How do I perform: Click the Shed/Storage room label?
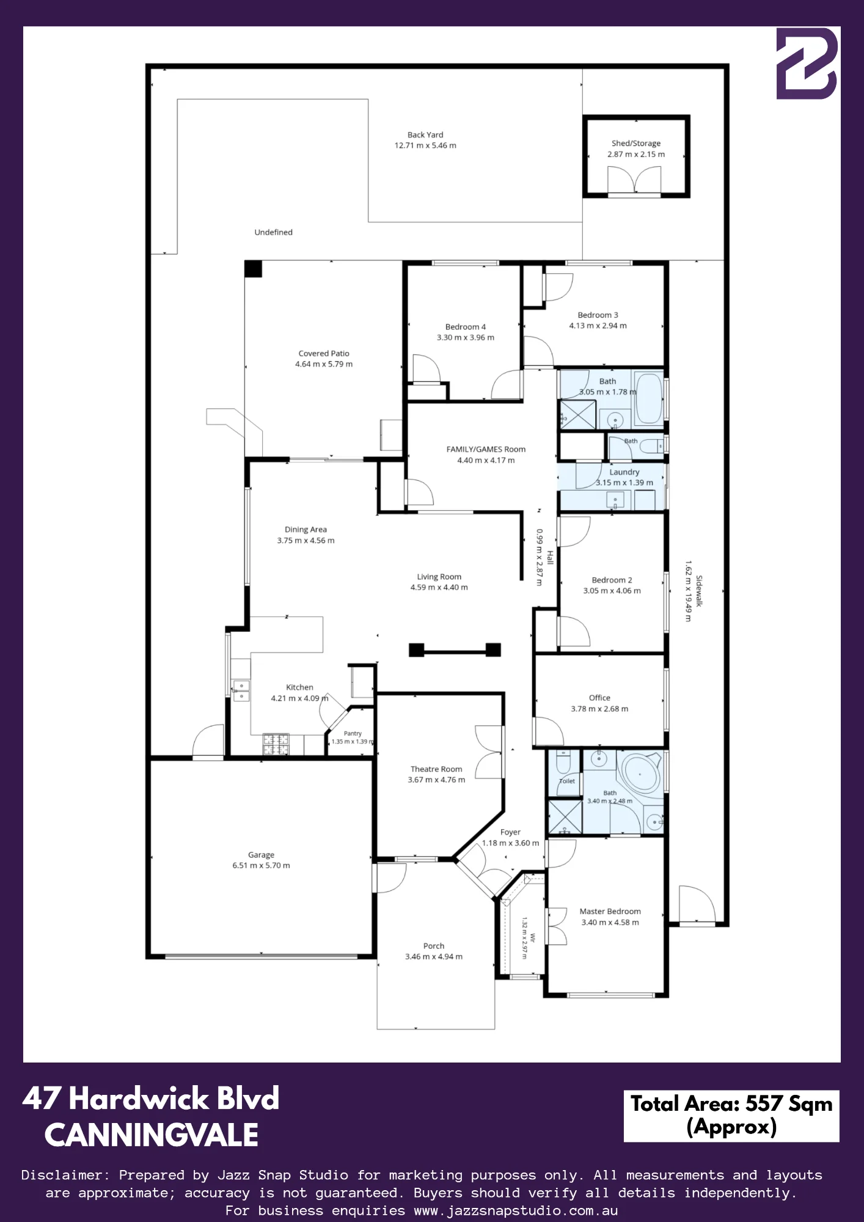[636, 144]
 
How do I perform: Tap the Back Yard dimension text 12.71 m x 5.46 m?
[425, 146]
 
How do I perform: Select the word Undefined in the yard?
[274, 232]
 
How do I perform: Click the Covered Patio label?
[324, 354]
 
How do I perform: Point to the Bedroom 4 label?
[466, 327]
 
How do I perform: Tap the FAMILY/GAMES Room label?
[486, 450]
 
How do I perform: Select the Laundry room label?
[624, 472]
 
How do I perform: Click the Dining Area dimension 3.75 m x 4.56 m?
[306, 541]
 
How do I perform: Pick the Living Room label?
[439, 577]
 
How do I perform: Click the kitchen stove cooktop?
[276, 744]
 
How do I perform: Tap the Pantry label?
[353, 733]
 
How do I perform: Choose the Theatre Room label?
[436, 769]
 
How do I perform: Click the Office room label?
[599, 698]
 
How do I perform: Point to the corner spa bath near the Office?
[639, 774]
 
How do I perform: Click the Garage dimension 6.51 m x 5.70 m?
[261, 866]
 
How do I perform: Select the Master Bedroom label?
[610, 912]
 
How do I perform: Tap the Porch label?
[434, 946]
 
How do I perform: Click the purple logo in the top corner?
[807, 63]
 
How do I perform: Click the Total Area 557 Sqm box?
[731, 1116]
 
